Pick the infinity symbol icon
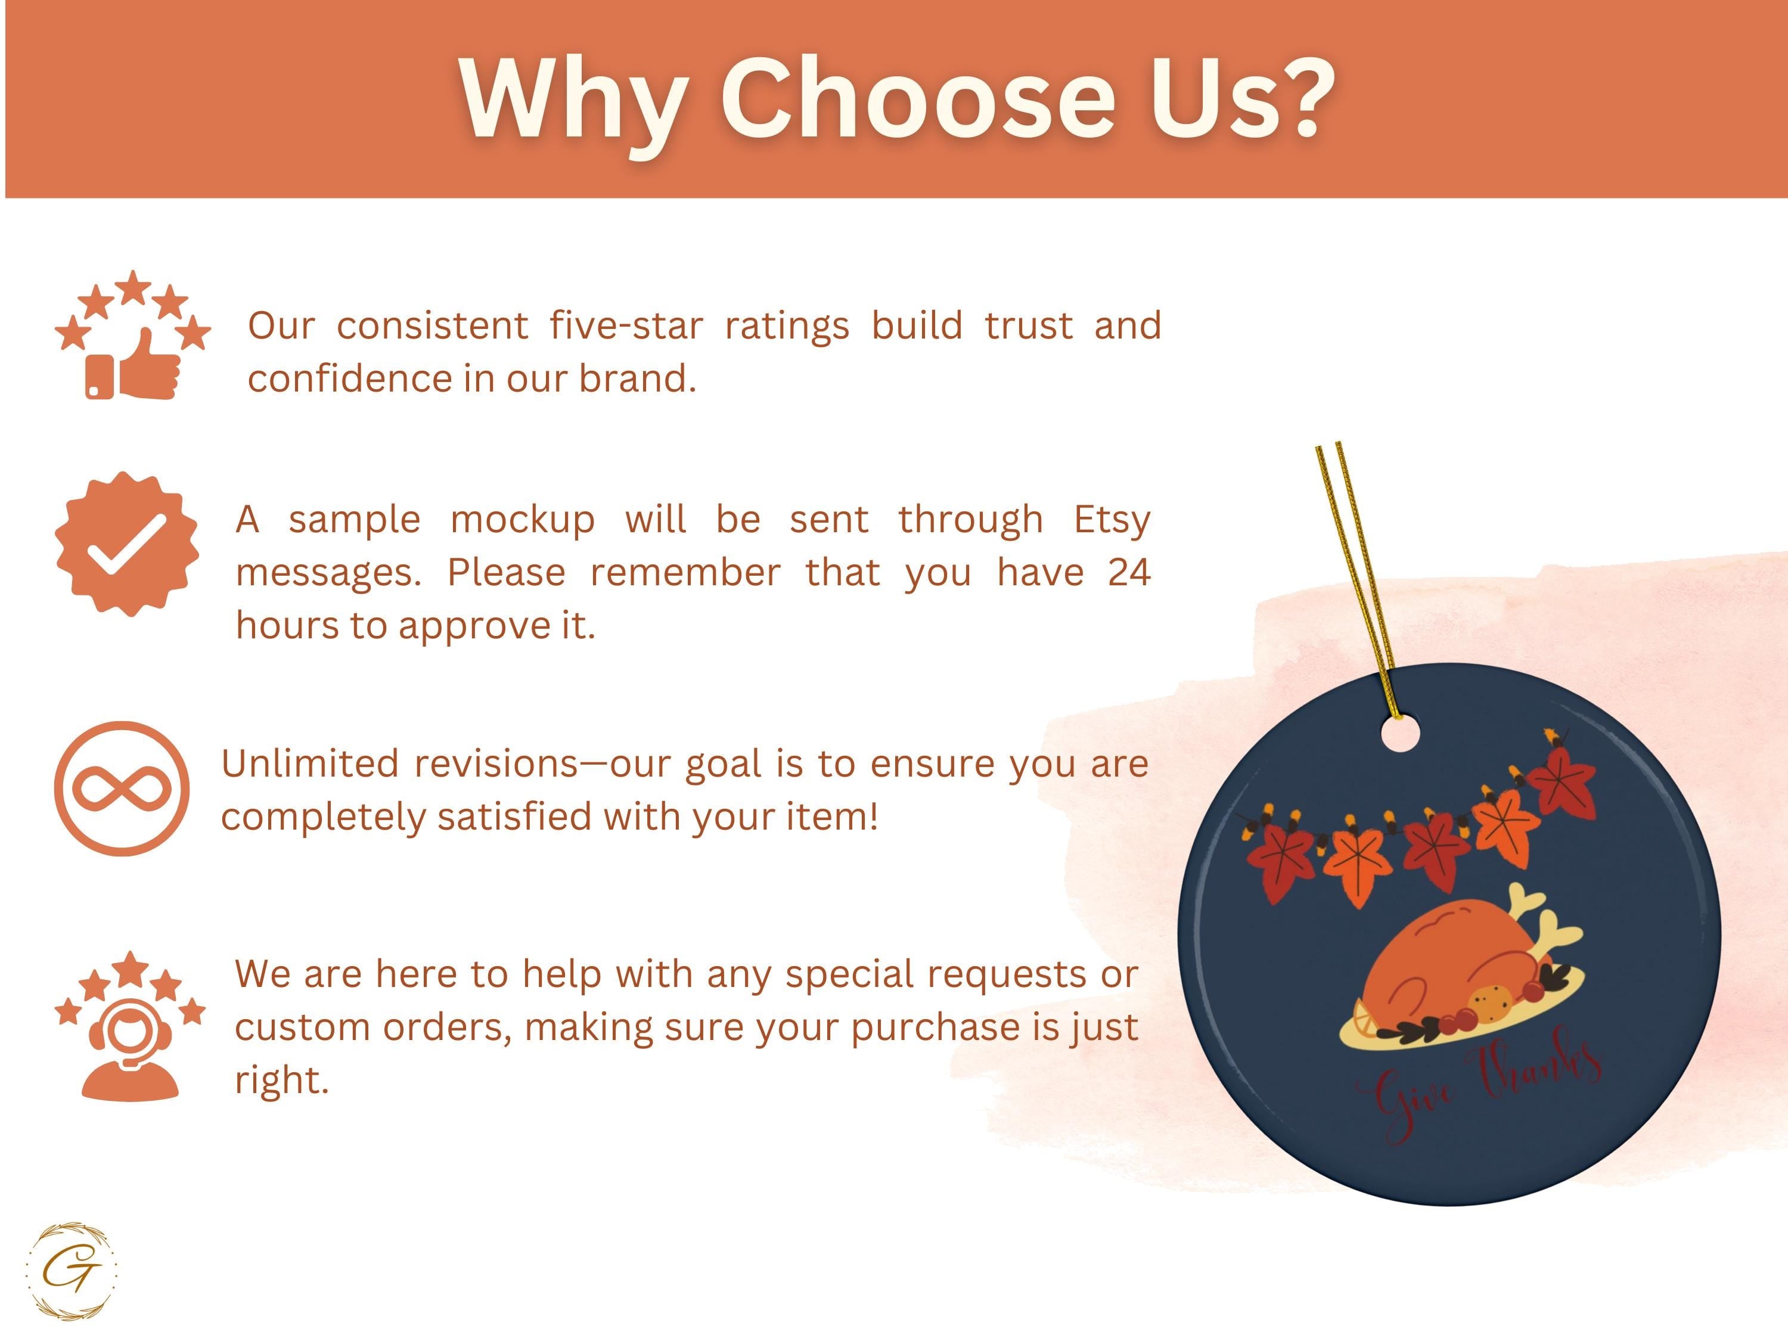coord(122,788)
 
